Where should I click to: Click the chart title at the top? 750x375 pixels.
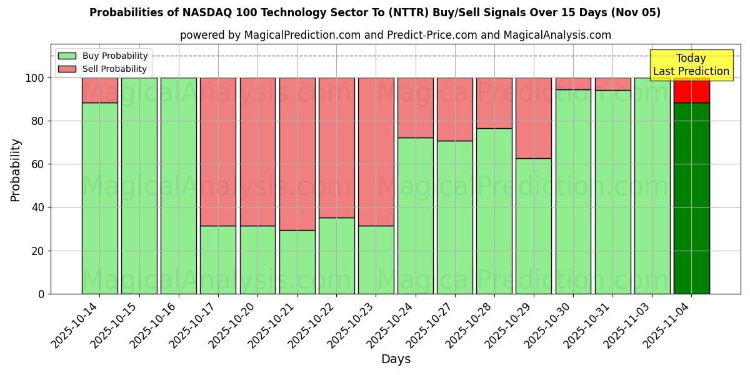[375, 12]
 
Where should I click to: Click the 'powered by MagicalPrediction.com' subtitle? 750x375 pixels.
[395, 35]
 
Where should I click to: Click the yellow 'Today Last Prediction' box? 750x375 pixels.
[691, 65]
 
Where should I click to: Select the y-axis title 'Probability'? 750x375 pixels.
[16, 170]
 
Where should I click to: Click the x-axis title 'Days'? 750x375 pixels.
[396, 359]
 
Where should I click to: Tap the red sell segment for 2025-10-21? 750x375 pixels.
[297, 154]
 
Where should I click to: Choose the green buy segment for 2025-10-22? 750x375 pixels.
[336, 256]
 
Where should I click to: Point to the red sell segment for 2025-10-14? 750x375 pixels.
[99, 90]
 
